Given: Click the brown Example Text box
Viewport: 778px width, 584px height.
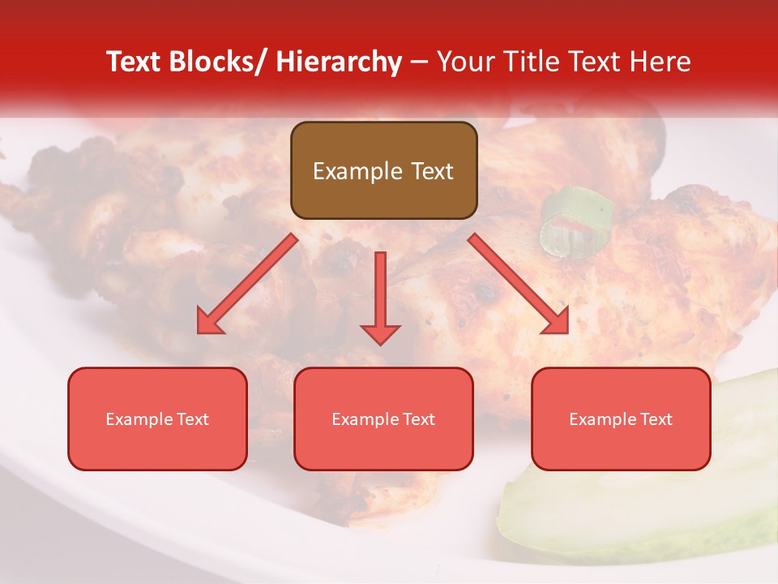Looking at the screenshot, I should click(x=383, y=170).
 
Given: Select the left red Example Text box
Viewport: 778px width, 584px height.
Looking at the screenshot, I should click(x=157, y=419).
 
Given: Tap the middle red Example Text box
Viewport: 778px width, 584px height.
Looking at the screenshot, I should click(x=383, y=419).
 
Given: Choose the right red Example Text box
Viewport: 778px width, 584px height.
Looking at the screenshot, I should click(x=621, y=419).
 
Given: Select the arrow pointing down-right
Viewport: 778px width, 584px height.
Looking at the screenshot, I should click(x=519, y=284).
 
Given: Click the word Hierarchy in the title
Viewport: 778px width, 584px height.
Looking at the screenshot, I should click(x=339, y=62).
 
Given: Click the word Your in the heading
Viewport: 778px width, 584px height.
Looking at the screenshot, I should click(x=464, y=62).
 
